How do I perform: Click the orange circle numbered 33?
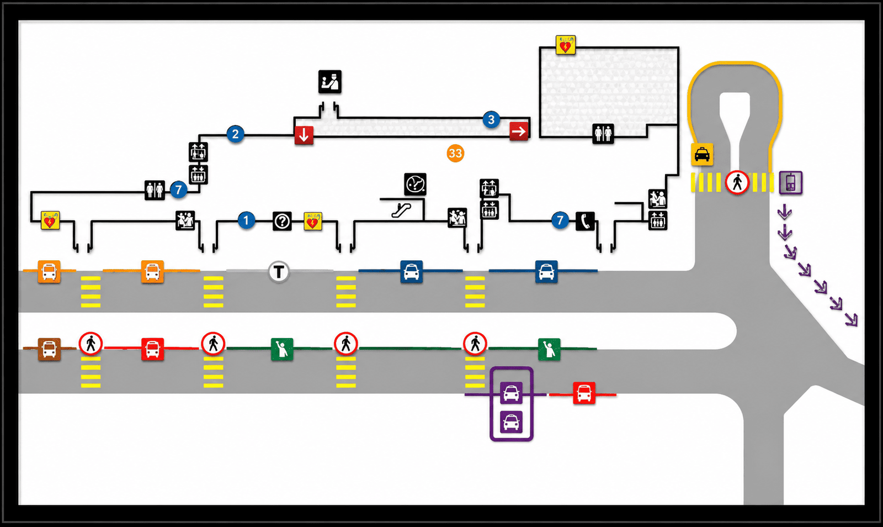coord(455,154)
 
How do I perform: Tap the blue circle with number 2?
coord(235,134)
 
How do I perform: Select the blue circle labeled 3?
coord(491,119)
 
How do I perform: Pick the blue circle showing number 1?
coord(246,220)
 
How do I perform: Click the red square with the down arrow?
coord(304,135)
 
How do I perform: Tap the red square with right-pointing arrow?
coord(519,131)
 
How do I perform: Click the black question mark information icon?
coord(282,222)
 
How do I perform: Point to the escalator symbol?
coord(401,210)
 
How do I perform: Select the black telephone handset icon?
coord(585,222)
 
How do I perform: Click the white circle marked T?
coord(279,272)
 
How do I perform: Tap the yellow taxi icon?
coord(702,154)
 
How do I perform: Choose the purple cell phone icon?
coord(791,183)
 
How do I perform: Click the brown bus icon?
coord(49,349)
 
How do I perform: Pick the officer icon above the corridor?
coord(330,82)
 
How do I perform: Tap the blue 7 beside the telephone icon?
coord(560,220)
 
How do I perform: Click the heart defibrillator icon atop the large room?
coord(566,45)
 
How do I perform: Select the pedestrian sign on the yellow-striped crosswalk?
coord(737,183)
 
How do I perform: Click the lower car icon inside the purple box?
coord(511,421)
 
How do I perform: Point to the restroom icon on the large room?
coord(603,134)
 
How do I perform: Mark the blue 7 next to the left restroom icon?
coord(179,190)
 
